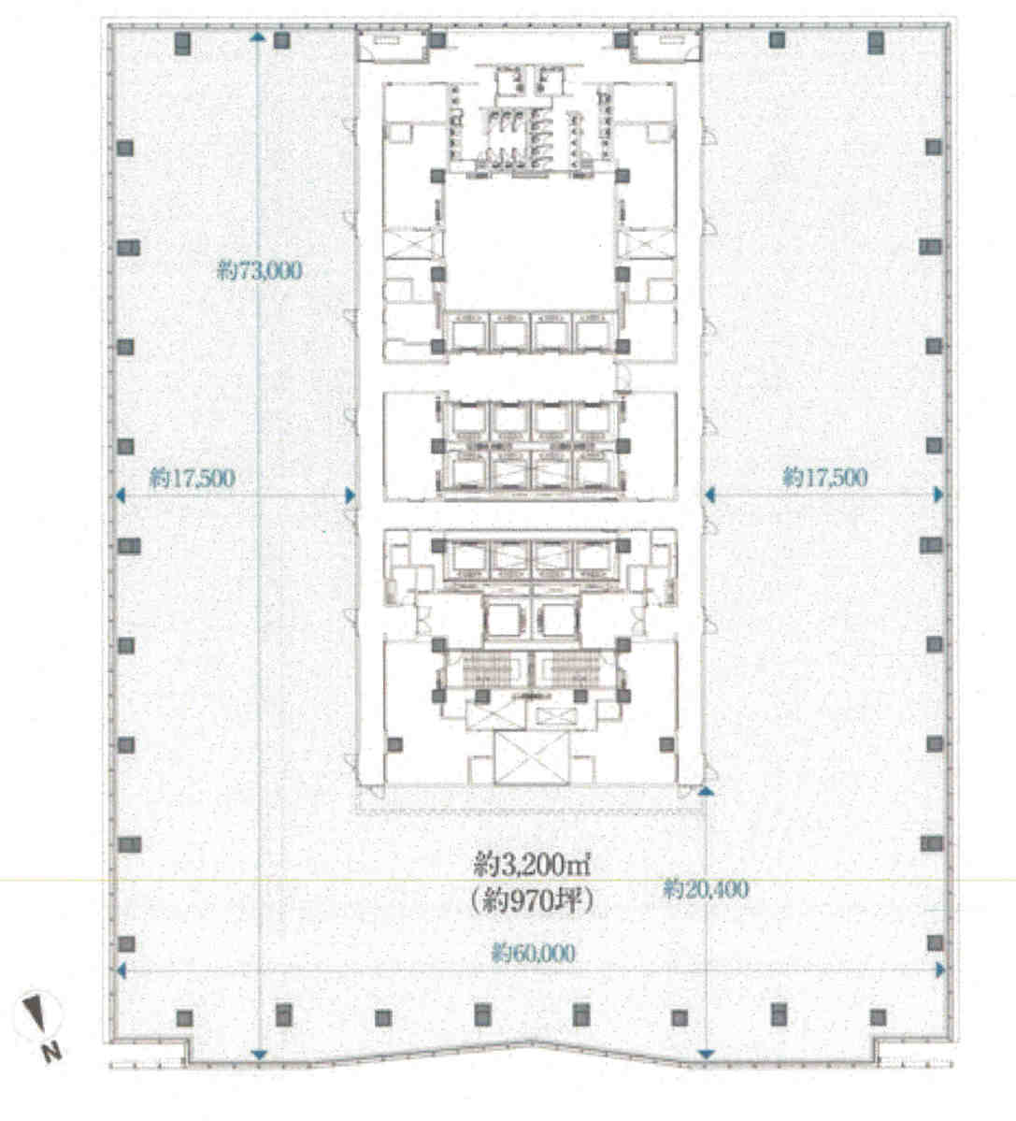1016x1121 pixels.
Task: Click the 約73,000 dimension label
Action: (259, 270)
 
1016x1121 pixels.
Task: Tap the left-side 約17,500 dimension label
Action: (193, 478)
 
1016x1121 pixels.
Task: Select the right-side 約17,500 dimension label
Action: (825, 477)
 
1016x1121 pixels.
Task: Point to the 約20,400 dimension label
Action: (706, 889)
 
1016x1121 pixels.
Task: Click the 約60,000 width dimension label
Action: (533, 953)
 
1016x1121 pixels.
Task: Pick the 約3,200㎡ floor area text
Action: (533, 866)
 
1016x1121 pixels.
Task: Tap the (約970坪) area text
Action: (533, 900)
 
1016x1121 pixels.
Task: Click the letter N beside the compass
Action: (50, 1053)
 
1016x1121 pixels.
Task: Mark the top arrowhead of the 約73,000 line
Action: (259, 36)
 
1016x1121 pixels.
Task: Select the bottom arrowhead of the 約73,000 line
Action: (259, 1055)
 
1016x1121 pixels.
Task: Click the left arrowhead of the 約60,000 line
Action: (121, 970)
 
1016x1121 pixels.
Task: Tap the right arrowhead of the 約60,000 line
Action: (940, 970)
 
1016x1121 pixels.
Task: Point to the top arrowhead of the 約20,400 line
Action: (706, 791)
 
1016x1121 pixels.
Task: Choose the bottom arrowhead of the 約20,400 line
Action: (706, 1055)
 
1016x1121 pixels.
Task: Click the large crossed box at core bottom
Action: (532, 758)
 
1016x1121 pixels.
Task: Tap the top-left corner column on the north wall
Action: (183, 43)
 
